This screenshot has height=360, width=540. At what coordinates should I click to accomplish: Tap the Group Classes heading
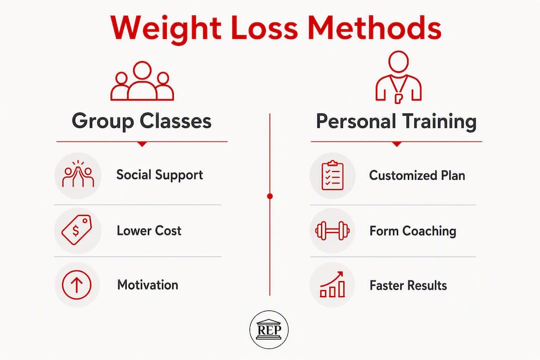(x=141, y=121)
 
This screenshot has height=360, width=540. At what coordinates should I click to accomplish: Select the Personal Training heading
(x=396, y=121)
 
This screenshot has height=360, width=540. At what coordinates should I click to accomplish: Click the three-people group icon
(x=142, y=81)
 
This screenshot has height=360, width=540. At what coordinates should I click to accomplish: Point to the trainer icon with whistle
(x=398, y=77)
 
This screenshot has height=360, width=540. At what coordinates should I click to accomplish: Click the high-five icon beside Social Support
(x=78, y=174)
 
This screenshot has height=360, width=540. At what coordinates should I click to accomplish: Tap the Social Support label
(x=159, y=175)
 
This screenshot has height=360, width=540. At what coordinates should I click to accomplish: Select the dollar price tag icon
(x=76, y=230)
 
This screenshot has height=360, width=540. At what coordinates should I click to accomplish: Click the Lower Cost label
(x=149, y=230)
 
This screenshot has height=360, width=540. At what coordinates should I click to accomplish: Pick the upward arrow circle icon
(x=77, y=285)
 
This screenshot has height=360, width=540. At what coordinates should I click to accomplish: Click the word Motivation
(x=147, y=285)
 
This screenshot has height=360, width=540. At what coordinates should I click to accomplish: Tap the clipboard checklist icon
(x=332, y=175)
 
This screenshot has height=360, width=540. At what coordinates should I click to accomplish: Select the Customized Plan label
(x=417, y=175)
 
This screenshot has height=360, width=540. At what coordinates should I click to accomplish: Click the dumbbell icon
(x=332, y=231)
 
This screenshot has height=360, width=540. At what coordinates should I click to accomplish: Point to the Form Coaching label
(x=412, y=231)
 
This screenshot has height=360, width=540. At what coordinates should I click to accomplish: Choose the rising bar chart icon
(x=332, y=284)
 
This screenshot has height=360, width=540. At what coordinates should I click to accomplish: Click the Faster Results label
(x=408, y=285)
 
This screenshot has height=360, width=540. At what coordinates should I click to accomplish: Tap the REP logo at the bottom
(x=269, y=329)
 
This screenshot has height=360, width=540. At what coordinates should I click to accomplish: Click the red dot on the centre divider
(x=270, y=196)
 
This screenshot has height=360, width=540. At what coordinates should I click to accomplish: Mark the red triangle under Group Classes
(x=142, y=144)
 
